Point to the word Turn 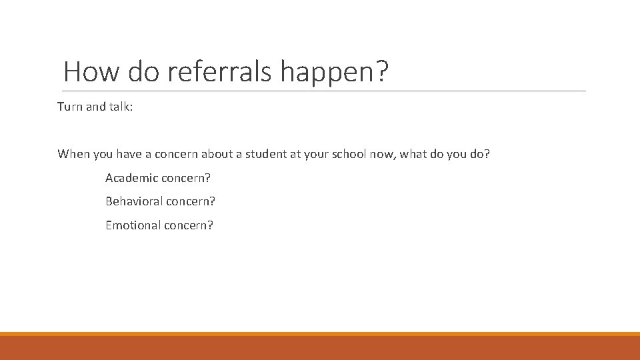tap(69, 107)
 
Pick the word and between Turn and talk tap(95, 107)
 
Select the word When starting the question tap(73, 154)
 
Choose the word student tap(269, 154)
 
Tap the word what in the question tap(414, 154)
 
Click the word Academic tap(132, 178)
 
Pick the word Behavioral tap(134, 201)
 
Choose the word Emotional tap(133, 225)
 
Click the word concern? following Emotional tap(189, 225)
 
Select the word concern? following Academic tap(187, 178)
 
